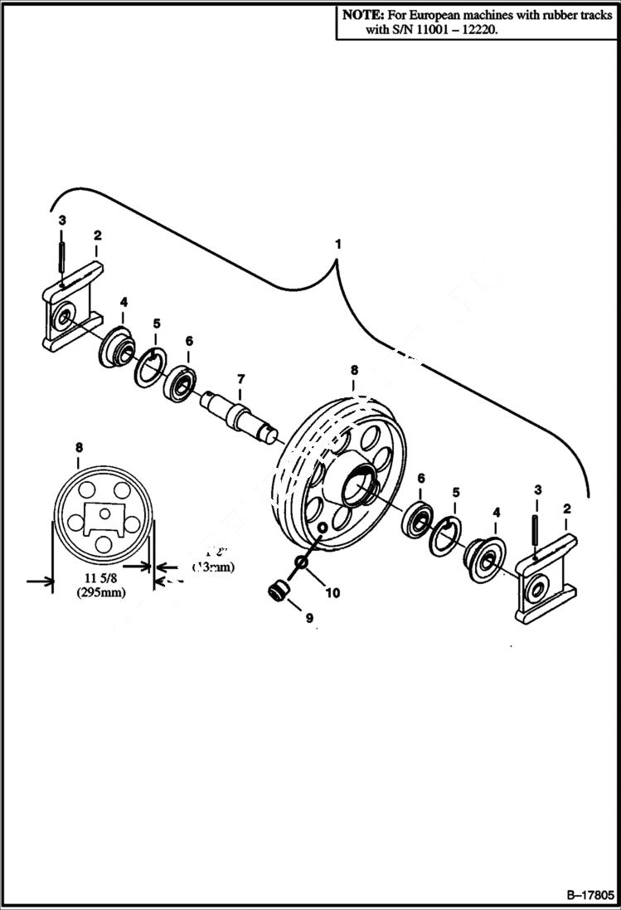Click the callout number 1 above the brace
click(x=337, y=245)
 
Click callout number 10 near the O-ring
click(x=332, y=592)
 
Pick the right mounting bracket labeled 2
click(x=543, y=581)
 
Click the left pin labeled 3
click(x=63, y=257)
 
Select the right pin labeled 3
click(x=536, y=530)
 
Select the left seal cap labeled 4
click(x=117, y=346)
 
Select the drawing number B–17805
click(x=589, y=896)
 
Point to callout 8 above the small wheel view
click(x=79, y=447)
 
